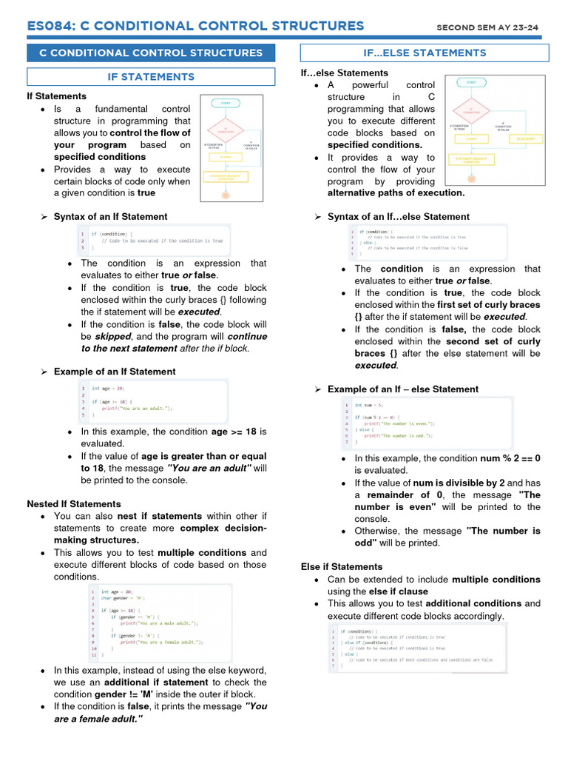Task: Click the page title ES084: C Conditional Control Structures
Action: (195, 27)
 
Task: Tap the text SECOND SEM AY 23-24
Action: (487, 28)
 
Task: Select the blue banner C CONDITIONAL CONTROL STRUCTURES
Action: (151, 53)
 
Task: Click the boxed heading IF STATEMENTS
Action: (151, 77)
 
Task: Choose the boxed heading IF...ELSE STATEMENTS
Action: (425, 53)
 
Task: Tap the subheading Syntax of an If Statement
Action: (110, 217)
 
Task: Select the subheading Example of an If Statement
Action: (115, 372)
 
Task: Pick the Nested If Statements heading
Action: (74, 504)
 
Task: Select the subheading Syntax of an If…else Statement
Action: (398, 217)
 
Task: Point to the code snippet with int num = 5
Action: (425, 423)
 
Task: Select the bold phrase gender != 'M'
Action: (124, 694)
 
